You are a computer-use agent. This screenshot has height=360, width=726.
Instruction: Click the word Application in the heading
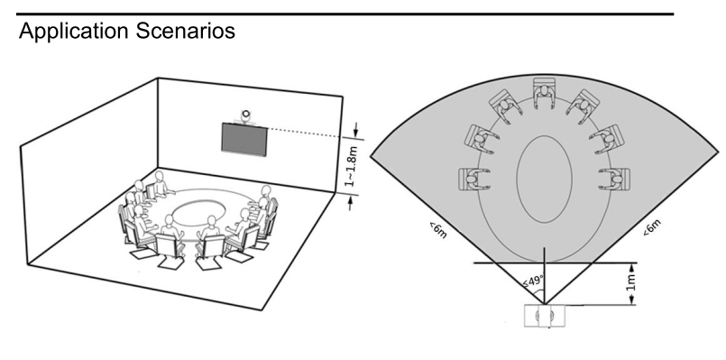click(x=74, y=32)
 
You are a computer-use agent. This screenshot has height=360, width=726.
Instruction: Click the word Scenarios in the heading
click(x=186, y=31)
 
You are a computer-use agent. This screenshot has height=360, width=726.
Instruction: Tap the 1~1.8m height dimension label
click(x=352, y=166)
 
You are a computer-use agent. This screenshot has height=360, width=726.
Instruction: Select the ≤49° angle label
click(x=533, y=281)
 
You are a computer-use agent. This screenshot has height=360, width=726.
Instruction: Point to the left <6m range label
click(x=437, y=230)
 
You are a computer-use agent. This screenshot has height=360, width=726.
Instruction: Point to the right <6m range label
click(x=652, y=226)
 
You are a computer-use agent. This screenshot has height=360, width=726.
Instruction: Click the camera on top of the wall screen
click(x=245, y=115)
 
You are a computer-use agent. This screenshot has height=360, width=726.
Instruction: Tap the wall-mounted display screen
click(x=244, y=139)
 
